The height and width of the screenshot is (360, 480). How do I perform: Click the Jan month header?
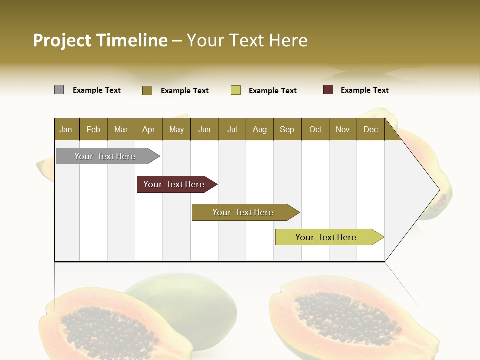tap(66, 129)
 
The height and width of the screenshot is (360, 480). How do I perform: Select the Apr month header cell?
tap(149, 129)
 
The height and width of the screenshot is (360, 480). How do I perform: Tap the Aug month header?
tap(260, 129)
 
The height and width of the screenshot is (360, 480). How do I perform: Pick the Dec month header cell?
tap(371, 129)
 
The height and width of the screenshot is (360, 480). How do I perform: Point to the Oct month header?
tap(315, 129)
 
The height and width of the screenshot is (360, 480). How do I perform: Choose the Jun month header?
tap(204, 129)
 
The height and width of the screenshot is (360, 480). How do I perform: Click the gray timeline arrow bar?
tap(105, 156)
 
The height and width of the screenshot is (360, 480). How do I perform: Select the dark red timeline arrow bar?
tap(174, 184)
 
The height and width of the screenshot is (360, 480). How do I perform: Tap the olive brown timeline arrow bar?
tap(243, 212)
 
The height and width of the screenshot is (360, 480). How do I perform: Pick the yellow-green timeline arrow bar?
tap(326, 237)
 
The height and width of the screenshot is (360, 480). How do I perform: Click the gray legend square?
tap(59, 90)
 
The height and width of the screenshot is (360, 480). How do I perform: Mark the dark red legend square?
tap(328, 90)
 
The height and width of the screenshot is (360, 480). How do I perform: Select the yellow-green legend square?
tap(236, 90)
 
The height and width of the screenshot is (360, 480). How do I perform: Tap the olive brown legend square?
tap(147, 90)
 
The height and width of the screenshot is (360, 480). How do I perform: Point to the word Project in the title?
tap(62, 40)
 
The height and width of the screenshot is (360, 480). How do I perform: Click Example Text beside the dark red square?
tap(364, 90)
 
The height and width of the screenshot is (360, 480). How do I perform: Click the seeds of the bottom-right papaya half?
tap(345, 320)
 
